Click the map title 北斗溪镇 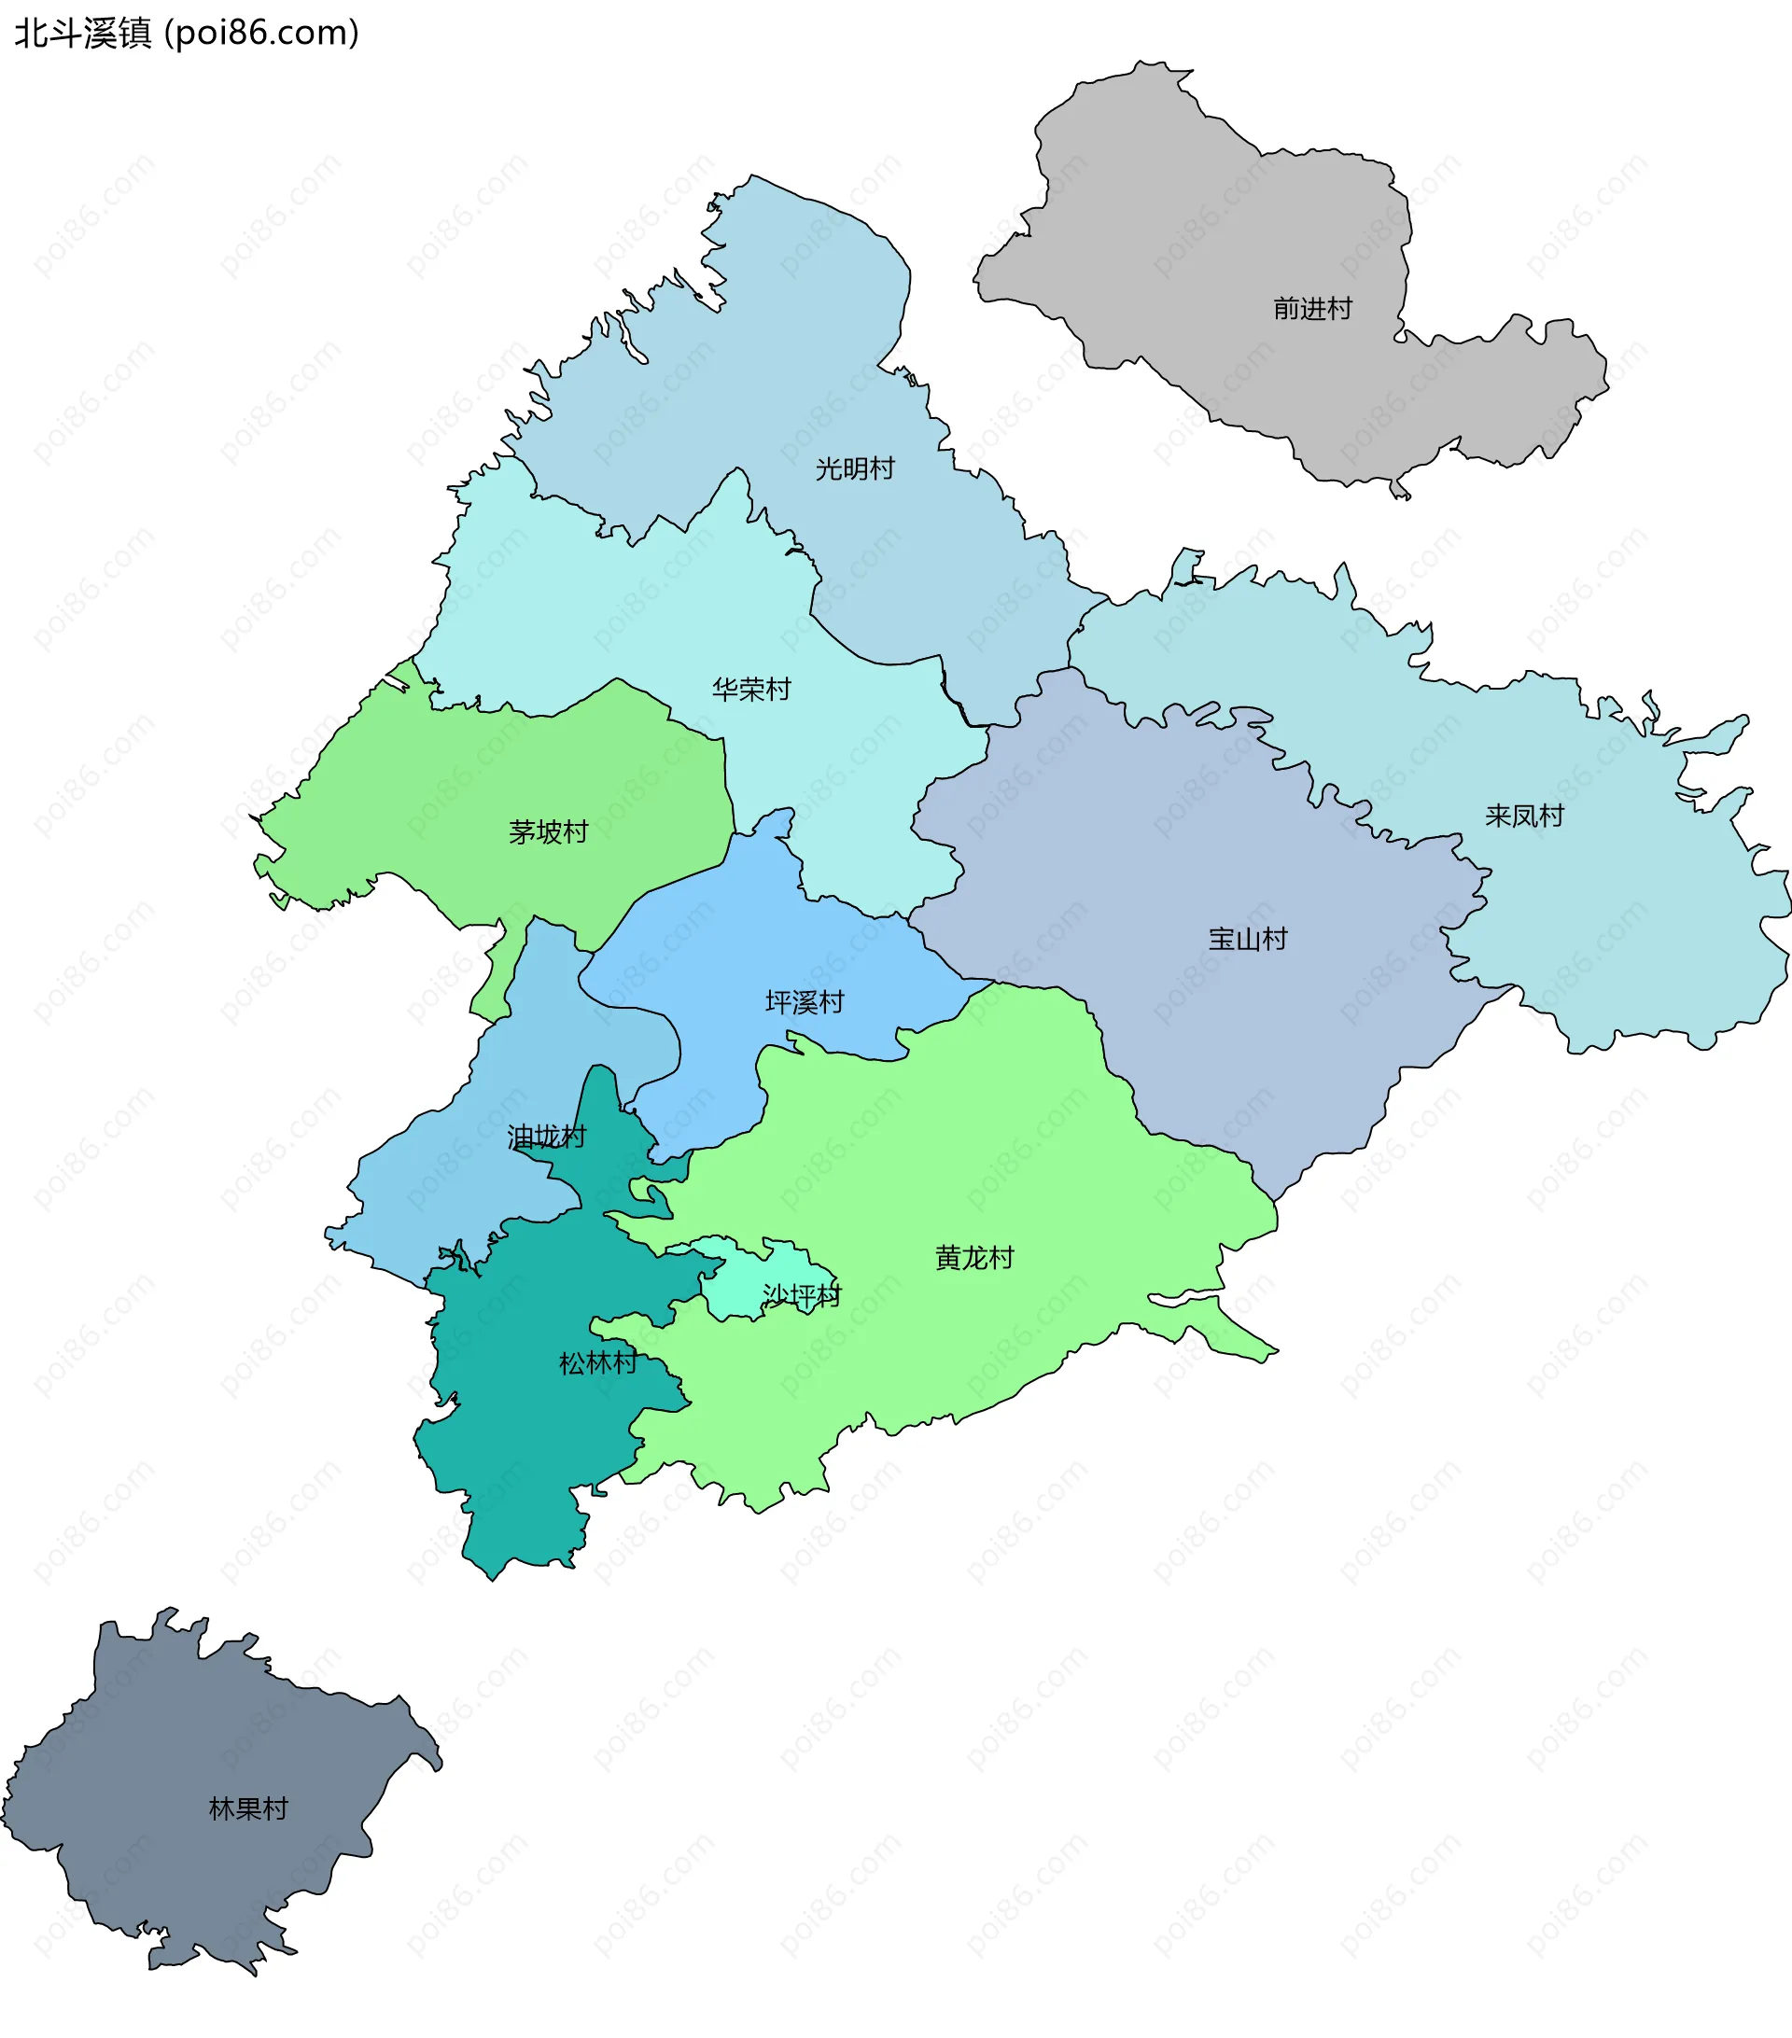coord(83,34)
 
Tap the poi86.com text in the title coord(261,34)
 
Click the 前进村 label coord(1312,309)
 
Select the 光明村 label coord(855,468)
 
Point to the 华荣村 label coord(751,689)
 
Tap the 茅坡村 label coord(549,831)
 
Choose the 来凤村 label coord(1524,816)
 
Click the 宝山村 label coord(1248,938)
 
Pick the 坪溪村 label coord(805,1002)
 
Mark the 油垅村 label coord(547,1137)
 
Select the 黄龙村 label coord(974,1257)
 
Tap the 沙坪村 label coord(802,1295)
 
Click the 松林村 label coord(597,1362)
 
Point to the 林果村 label coord(248,1808)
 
